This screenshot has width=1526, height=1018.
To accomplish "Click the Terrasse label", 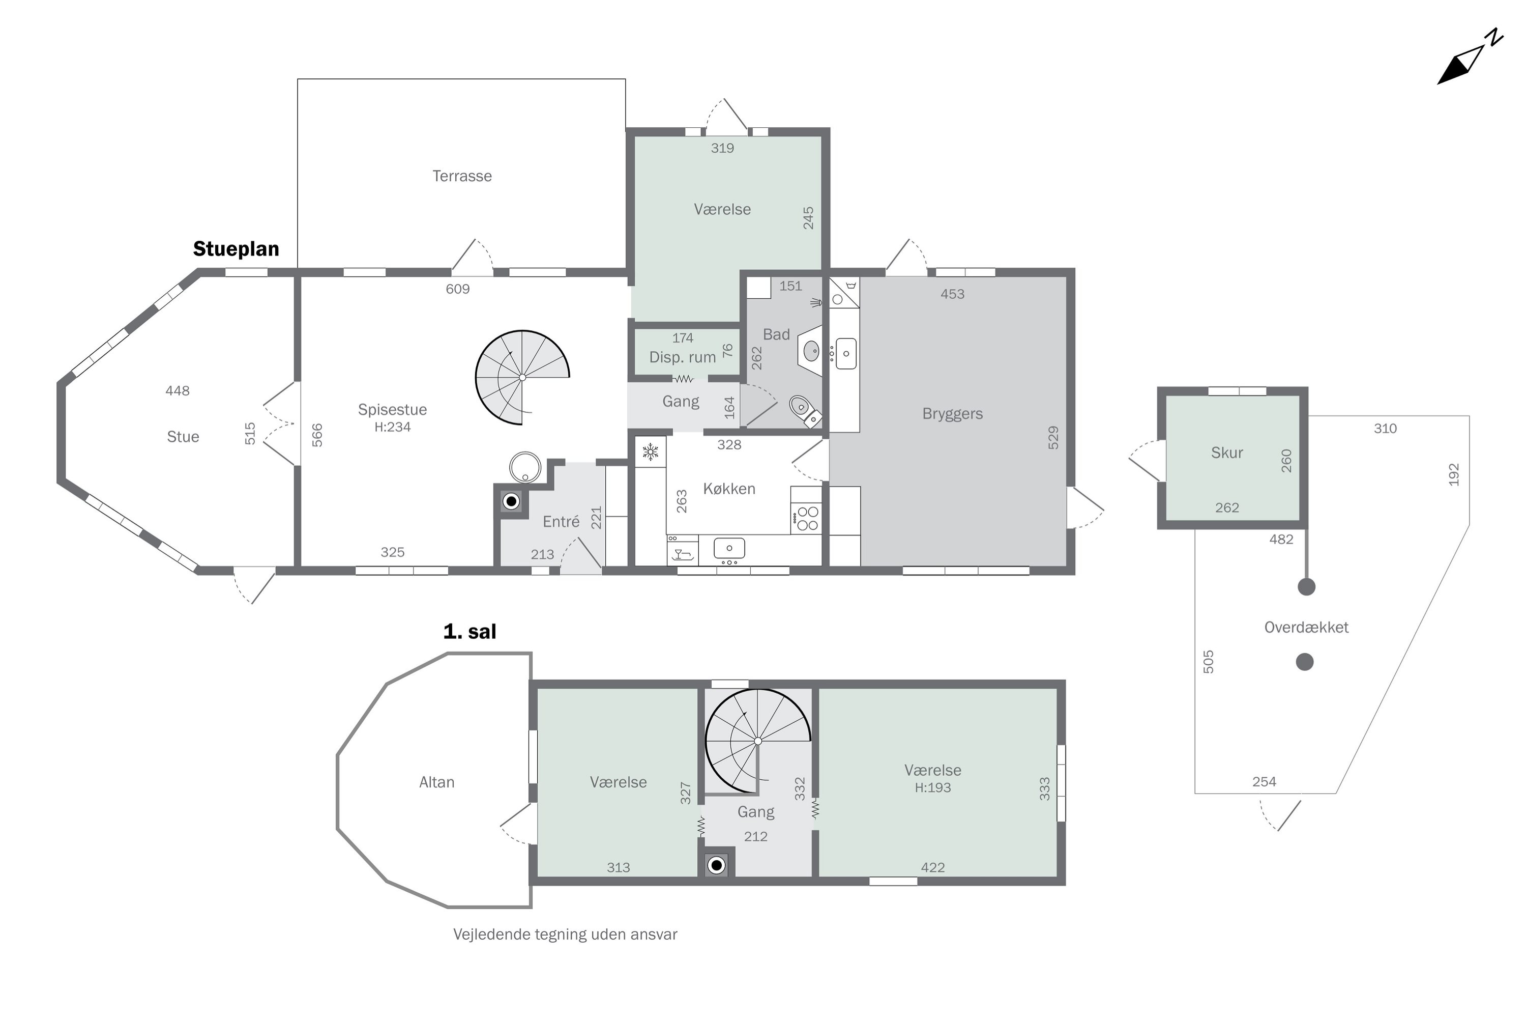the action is coord(462,176).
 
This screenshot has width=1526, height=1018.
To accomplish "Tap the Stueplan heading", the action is coord(236,249).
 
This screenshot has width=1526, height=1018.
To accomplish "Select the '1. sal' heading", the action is coord(469,631).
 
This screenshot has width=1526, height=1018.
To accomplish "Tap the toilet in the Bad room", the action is coord(805,410).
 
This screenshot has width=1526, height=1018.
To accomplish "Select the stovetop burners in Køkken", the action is coord(807,519).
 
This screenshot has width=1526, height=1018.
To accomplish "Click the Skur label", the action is coord(1227,453).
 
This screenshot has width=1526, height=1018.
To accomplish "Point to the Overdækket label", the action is coord(1306,627).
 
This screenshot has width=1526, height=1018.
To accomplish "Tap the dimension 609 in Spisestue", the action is coord(457,289).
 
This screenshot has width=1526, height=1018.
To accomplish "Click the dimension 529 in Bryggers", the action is coord(1053,438).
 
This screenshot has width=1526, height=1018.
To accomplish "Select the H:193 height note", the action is coord(932,787).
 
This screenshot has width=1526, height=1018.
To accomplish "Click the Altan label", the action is coord(436,782).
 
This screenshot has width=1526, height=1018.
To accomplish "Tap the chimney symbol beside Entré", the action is coord(511,501).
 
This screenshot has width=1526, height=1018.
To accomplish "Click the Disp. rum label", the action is coord(683,357).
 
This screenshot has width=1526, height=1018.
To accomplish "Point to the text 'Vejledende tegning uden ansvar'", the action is coord(565,934).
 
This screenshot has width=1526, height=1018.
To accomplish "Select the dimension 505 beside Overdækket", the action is coord(1208,662).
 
